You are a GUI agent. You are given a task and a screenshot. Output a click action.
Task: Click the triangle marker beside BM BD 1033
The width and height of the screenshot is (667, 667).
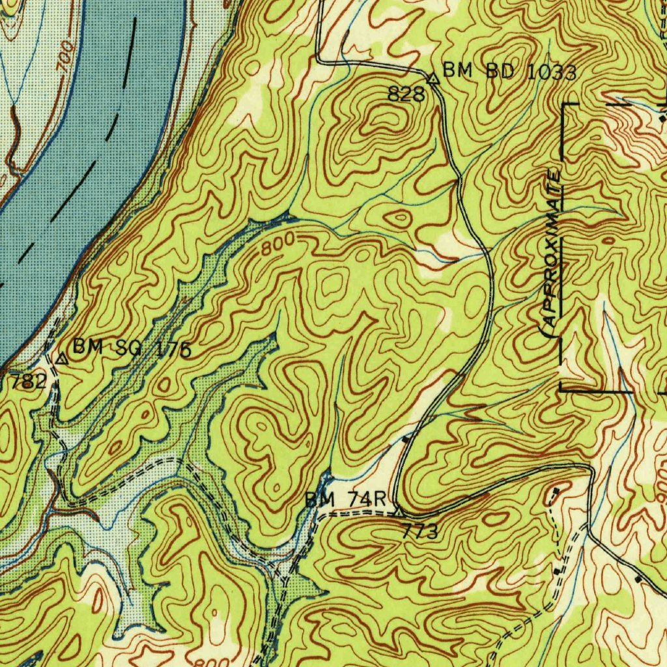pyautogui.click(x=433, y=78)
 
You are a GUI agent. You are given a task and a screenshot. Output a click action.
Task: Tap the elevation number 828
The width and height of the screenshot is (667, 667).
pyautogui.click(x=406, y=94)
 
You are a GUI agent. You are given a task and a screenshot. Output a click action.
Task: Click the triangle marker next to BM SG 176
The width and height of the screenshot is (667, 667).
pyautogui.click(x=62, y=358)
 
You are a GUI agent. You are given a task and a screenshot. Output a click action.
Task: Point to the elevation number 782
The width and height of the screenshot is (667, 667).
pyautogui.click(x=29, y=382)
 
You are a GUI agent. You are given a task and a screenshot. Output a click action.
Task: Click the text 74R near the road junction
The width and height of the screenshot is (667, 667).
pyautogui.click(x=367, y=500)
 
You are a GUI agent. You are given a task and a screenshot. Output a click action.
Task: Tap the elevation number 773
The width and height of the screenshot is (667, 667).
pyautogui.click(x=420, y=532)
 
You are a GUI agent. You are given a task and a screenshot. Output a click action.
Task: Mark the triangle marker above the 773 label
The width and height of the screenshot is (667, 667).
pyautogui.click(x=399, y=513)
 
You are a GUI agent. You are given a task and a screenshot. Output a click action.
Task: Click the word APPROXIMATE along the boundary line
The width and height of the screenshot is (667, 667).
pyautogui.click(x=551, y=248)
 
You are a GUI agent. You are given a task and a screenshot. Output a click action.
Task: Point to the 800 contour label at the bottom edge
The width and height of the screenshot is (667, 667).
pyautogui.click(x=216, y=660)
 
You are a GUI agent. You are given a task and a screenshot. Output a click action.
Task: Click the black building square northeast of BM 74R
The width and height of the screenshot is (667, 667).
pyautogui.click(x=406, y=440)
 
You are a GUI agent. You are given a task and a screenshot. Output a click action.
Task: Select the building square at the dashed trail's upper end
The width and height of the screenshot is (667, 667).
pyautogui.click(x=556, y=490)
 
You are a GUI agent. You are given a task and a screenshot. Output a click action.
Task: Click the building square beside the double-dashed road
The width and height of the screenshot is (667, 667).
pyautogui.click(x=556, y=571)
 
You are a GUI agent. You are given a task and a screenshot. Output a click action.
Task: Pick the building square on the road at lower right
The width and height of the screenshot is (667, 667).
pyautogui.click(x=638, y=578)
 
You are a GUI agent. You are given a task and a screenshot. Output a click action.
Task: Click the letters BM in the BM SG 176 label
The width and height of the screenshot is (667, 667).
pyautogui.click(x=85, y=347)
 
